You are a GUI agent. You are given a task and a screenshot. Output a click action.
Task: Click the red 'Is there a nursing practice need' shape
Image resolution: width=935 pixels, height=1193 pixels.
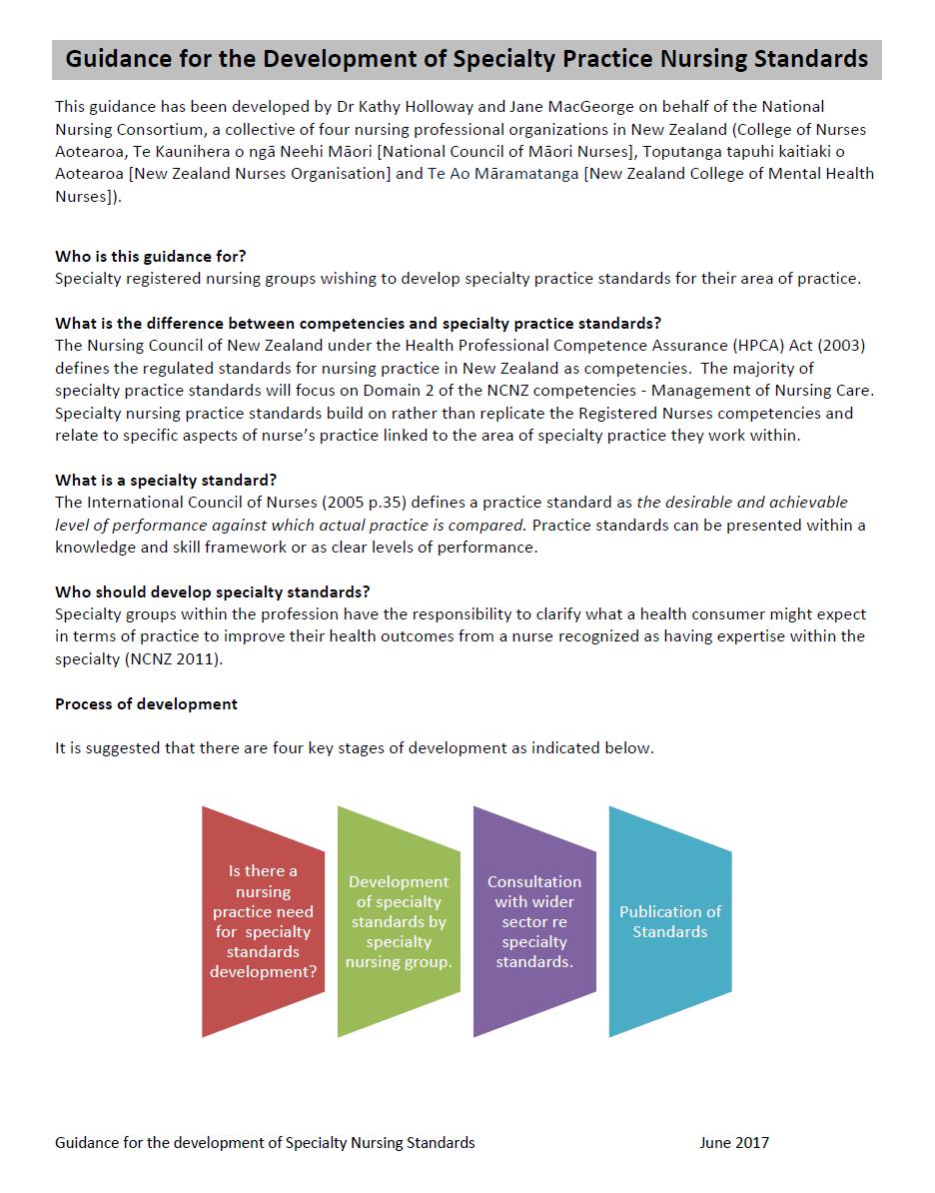coord(263,921)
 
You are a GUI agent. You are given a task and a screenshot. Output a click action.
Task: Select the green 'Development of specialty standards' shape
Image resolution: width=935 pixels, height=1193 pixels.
coord(398,921)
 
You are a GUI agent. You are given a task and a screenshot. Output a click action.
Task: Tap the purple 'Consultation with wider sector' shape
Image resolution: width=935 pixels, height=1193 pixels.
coord(533,921)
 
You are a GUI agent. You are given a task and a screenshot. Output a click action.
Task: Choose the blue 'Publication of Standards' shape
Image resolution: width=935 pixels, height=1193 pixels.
coord(669,921)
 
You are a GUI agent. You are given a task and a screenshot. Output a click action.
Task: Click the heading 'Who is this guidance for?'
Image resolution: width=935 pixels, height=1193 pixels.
coord(150,256)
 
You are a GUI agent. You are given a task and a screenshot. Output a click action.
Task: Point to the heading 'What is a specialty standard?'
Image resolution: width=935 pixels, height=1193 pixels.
coord(166,481)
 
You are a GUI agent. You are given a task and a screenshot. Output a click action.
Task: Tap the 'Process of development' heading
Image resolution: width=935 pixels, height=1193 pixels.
coord(146,703)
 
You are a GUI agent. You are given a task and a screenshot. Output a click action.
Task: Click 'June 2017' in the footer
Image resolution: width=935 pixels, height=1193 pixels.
coord(734,1142)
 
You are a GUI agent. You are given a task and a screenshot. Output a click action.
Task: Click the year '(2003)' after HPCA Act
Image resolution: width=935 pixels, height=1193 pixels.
coord(839,346)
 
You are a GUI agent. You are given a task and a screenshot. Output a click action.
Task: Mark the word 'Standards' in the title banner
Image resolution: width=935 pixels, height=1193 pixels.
coord(813,59)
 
